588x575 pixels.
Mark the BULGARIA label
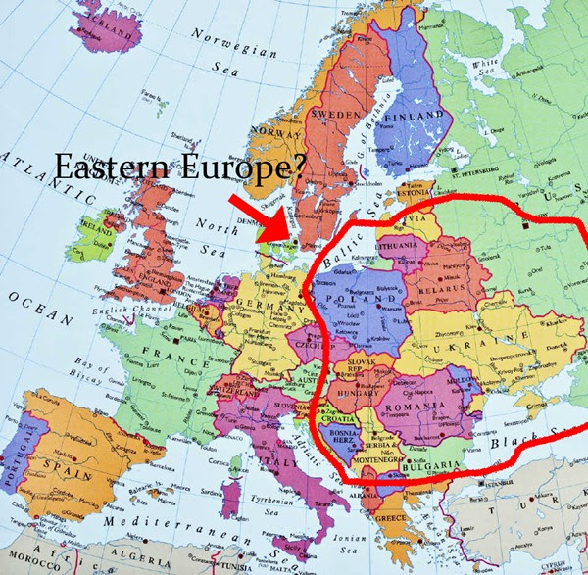pos(432,465)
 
